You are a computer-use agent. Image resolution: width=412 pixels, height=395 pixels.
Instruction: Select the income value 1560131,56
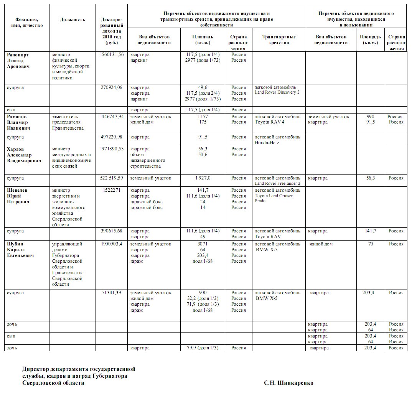tap(111, 54)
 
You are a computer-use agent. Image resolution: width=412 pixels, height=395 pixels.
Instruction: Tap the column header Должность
tap(73, 20)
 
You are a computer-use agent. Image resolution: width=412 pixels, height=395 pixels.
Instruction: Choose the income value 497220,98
tap(111, 137)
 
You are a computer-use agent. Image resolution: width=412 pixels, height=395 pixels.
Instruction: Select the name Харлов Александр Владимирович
tap(24, 155)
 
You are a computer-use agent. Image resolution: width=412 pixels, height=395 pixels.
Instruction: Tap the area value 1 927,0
tap(203, 178)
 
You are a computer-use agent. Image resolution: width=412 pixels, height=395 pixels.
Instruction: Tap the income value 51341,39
tap(112, 293)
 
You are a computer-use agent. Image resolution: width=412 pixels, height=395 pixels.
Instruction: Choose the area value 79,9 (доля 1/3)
tap(203, 348)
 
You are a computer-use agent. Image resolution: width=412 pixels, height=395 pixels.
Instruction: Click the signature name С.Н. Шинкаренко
tap(288, 383)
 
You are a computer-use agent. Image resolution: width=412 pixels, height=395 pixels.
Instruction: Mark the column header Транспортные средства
tap(279, 39)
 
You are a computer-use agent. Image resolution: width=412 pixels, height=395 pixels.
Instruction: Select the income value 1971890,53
tap(111, 149)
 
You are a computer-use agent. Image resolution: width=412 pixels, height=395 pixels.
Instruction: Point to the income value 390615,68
tap(111, 231)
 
